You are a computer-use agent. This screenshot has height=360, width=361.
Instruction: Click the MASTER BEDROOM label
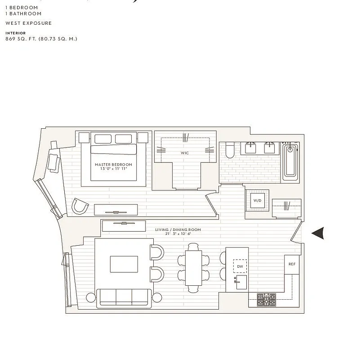click(x=113, y=165)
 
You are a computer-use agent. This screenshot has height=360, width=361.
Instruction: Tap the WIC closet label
click(x=185, y=153)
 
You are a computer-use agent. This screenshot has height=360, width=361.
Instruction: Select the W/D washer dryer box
click(x=257, y=200)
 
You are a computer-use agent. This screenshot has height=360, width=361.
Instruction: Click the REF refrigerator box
click(x=292, y=264)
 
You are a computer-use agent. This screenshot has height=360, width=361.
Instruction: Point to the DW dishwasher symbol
click(x=240, y=267)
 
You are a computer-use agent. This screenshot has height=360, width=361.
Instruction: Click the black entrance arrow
click(x=318, y=233)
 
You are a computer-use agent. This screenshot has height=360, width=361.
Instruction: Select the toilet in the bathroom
click(x=229, y=150)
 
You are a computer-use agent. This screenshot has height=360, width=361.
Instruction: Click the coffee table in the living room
click(x=124, y=264)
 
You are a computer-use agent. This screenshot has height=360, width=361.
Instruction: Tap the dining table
click(x=194, y=268)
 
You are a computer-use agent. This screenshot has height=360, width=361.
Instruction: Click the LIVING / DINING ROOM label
click(x=178, y=230)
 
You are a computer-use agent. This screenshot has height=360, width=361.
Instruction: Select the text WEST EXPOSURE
click(x=28, y=23)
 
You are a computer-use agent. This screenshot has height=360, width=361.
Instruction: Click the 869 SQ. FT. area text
click(x=41, y=39)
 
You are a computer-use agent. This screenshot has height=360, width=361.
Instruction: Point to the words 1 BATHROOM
click(x=23, y=13)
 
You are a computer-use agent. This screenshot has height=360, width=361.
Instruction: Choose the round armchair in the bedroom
click(x=81, y=207)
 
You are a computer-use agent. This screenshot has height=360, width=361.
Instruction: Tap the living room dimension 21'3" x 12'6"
click(x=178, y=234)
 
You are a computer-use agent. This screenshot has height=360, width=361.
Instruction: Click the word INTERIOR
click(x=15, y=33)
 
